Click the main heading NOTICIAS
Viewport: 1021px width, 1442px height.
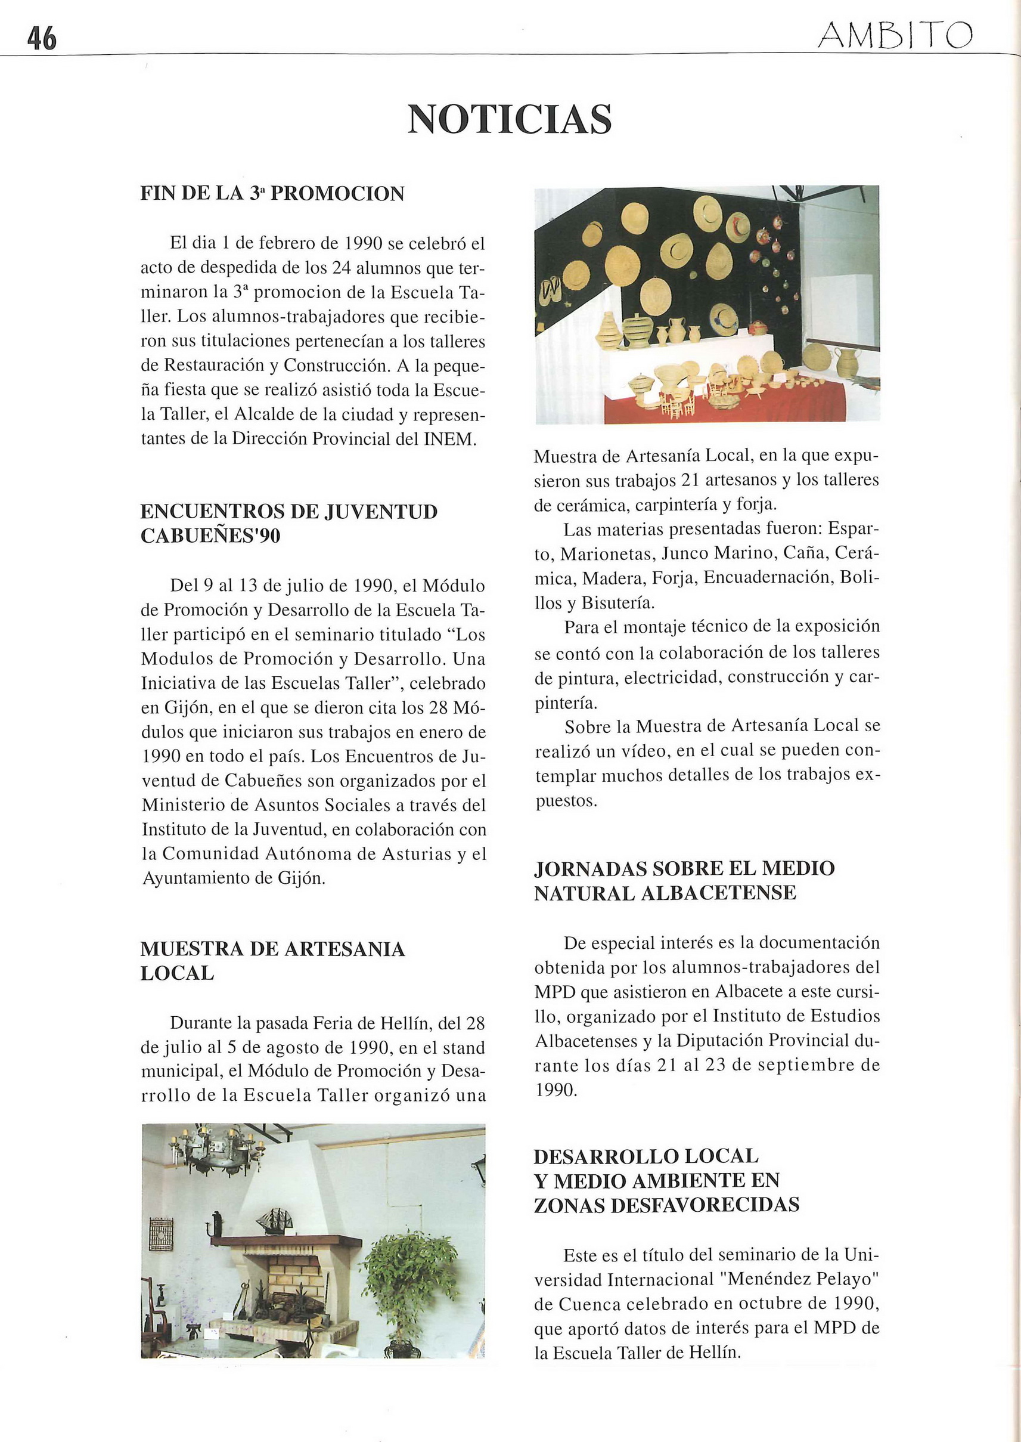coord(509,119)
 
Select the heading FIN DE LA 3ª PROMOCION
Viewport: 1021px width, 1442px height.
coord(272,193)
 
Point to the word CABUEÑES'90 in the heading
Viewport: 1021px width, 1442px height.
coord(210,536)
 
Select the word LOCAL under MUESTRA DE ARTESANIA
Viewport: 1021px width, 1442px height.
coord(176,973)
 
